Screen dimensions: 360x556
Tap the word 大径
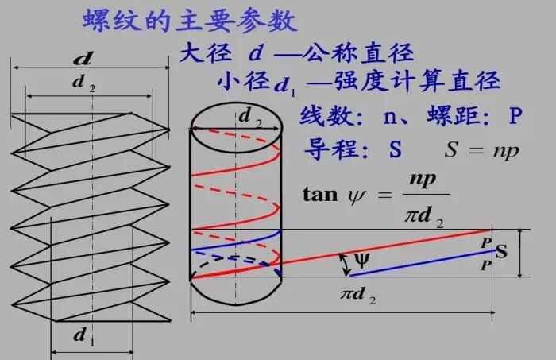pos(203,53)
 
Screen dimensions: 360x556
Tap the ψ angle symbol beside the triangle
pos(362,260)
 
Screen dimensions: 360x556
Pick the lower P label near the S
pos(485,265)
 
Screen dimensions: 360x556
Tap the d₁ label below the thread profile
pos(82,335)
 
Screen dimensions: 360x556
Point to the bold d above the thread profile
pos(82,58)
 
